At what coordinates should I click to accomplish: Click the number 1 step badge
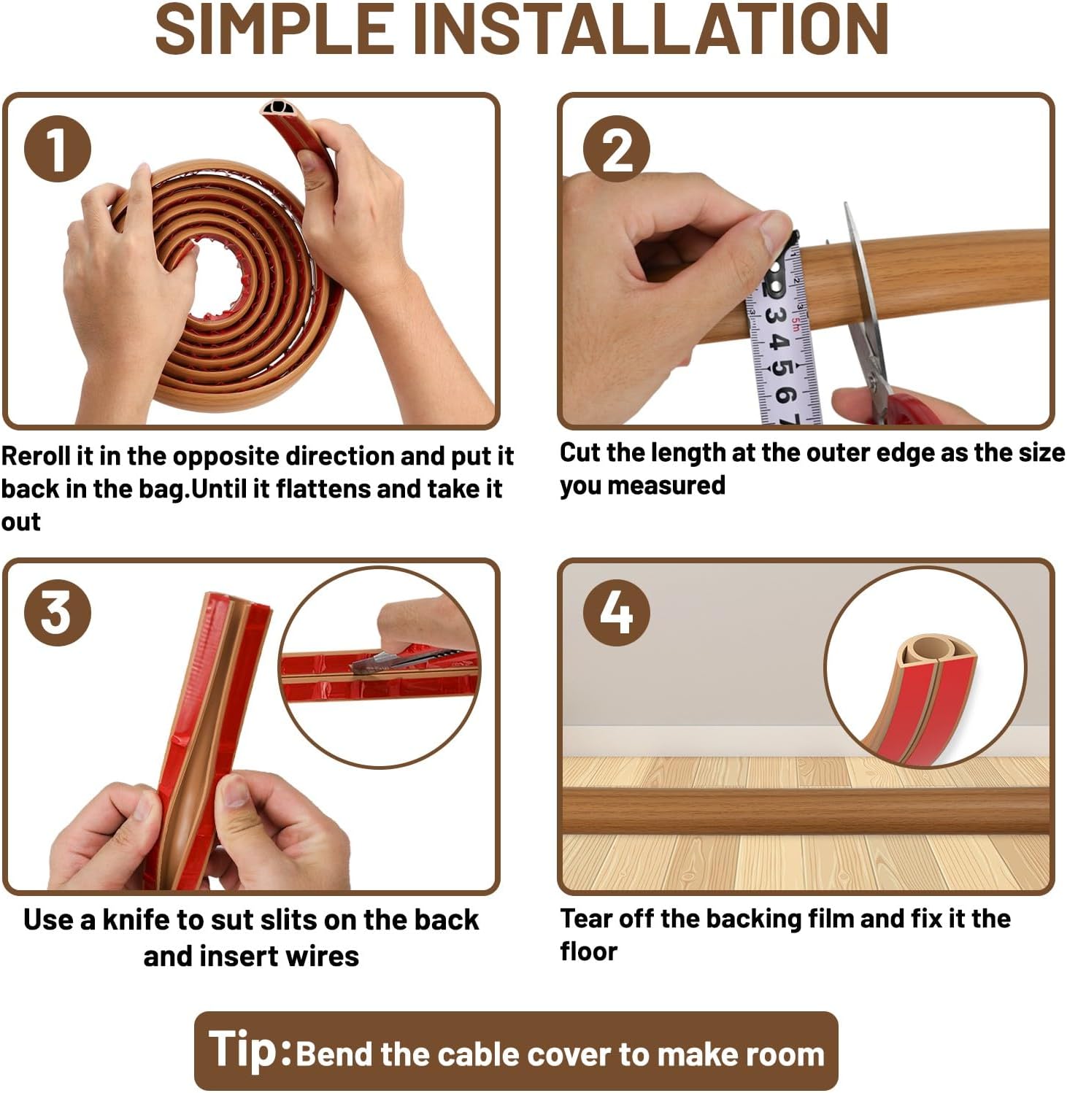(58, 149)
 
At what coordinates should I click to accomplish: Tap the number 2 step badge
(617, 149)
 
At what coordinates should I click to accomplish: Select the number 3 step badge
(58, 612)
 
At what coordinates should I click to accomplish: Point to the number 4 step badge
(617, 612)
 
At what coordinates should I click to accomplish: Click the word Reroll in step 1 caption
(36, 456)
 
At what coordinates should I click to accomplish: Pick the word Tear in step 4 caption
(587, 919)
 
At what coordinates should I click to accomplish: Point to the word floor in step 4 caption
(588, 951)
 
